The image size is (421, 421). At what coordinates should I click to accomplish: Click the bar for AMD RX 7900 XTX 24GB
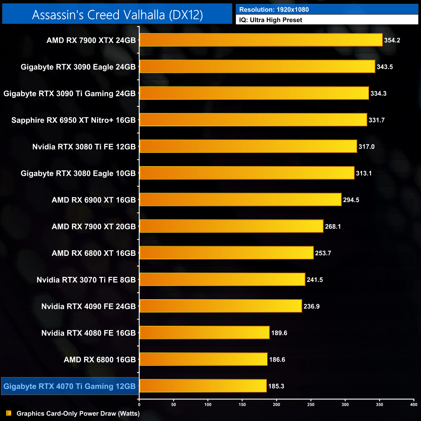click(x=261, y=40)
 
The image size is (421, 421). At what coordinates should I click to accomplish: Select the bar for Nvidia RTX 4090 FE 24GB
click(x=221, y=306)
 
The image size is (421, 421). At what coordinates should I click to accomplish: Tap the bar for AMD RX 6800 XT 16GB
click(x=226, y=253)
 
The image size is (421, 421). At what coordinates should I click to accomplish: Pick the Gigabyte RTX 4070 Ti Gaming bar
click(x=203, y=386)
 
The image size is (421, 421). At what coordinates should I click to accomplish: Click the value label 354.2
click(x=392, y=40)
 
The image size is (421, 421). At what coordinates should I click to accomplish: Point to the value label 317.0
click(x=366, y=147)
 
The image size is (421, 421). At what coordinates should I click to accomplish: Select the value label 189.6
click(x=279, y=333)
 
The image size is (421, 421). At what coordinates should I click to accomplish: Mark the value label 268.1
click(x=333, y=227)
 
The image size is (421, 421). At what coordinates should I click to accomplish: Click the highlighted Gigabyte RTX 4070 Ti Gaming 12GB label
click(x=70, y=386)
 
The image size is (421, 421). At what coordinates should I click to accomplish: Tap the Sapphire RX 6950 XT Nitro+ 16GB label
click(x=74, y=120)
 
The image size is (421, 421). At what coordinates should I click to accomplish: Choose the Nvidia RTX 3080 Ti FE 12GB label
click(x=84, y=147)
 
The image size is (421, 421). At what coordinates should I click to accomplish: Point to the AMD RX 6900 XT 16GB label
click(x=94, y=200)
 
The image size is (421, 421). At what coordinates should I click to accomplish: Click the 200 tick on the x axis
click(x=277, y=404)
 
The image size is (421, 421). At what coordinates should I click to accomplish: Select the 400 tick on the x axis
click(x=414, y=404)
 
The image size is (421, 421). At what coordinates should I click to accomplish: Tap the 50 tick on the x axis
click(x=174, y=404)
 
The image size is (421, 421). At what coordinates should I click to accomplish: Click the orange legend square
click(x=9, y=413)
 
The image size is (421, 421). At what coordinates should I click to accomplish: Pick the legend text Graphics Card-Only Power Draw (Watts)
click(x=78, y=414)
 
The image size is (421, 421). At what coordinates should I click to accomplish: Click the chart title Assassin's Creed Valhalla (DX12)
click(x=117, y=15)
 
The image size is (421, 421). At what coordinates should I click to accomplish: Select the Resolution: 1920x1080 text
click(x=274, y=10)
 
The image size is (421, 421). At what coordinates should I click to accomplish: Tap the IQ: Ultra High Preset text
click(x=270, y=20)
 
